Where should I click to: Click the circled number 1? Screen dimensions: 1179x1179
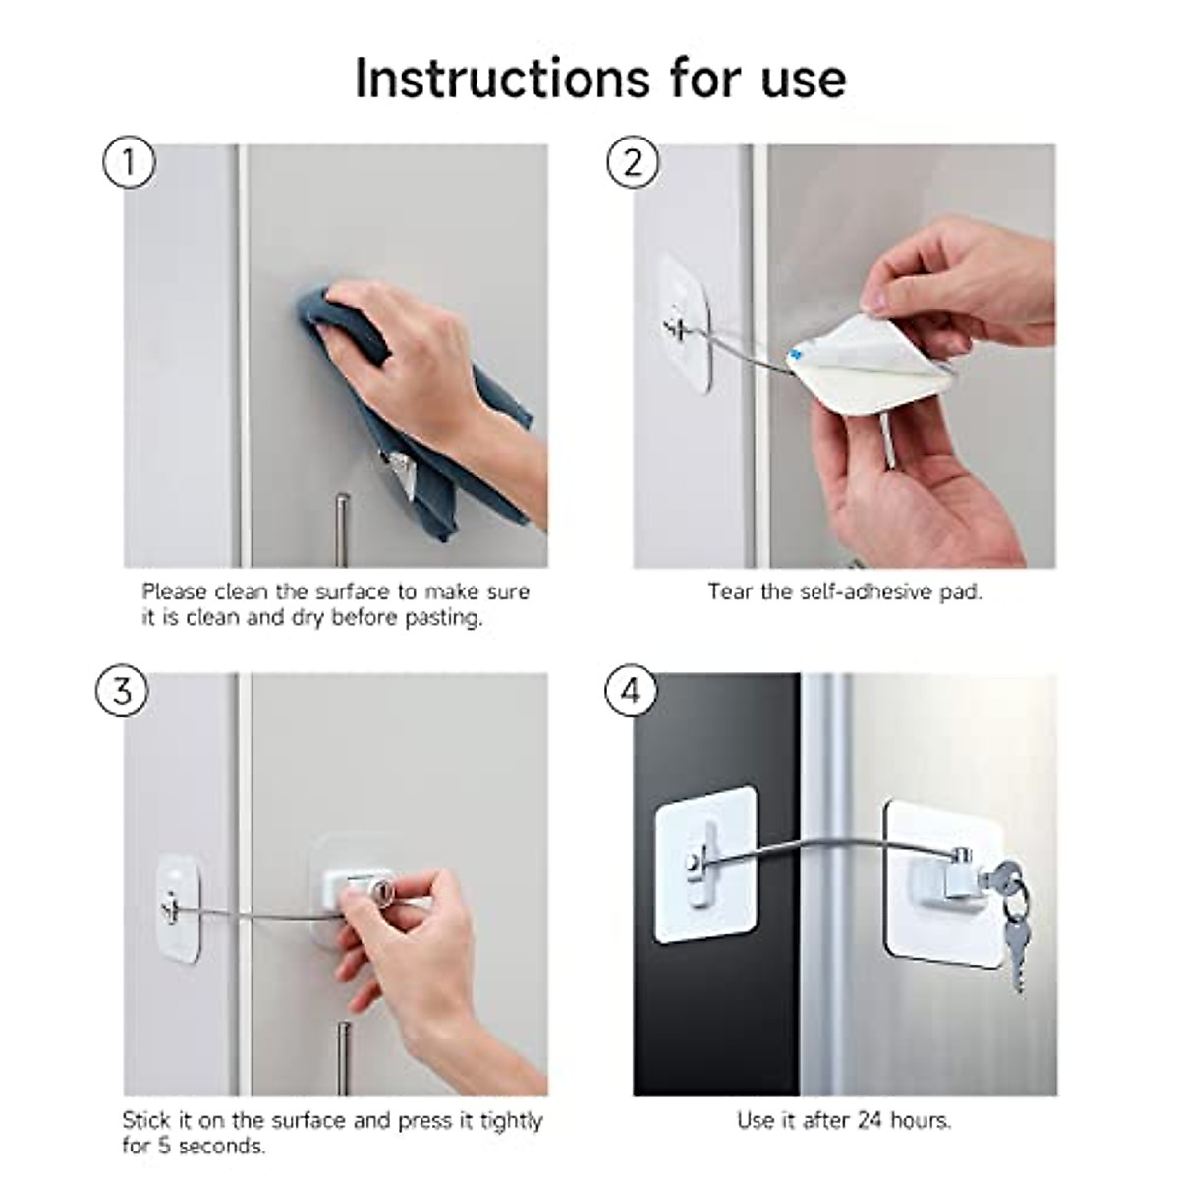(129, 163)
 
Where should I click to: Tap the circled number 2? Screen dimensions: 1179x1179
(632, 163)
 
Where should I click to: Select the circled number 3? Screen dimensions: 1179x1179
(122, 692)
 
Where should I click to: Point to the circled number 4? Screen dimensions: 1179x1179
(630, 692)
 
